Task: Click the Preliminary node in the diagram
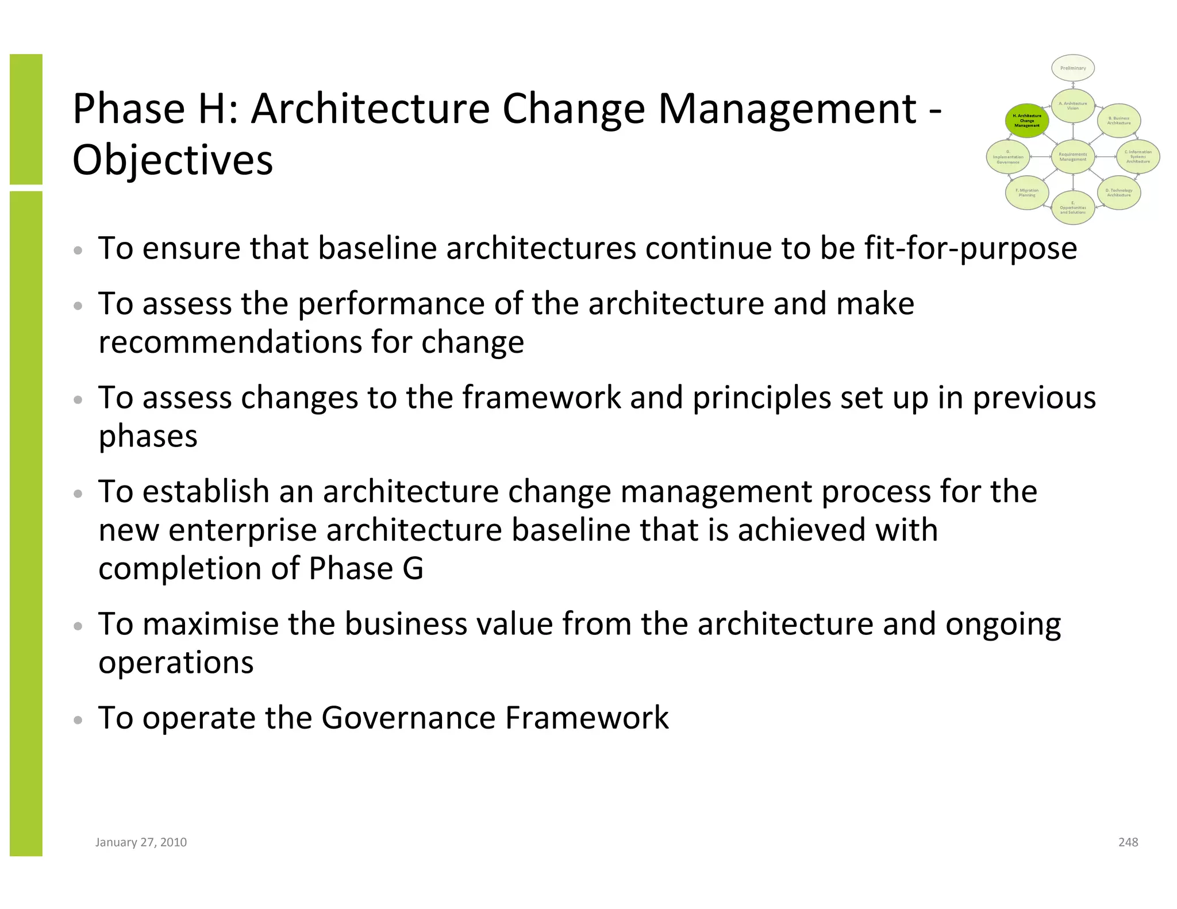[x=1073, y=68]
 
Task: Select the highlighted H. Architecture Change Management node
[x=1027, y=121]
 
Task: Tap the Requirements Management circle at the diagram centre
[x=1073, y=156]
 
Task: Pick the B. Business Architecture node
[x=1119, y=121]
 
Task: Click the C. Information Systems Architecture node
[x=1138, y=156]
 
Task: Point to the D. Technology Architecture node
[x=1119, y=192]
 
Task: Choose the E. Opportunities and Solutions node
[x=1073, y=207]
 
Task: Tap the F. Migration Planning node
[x=1027, y=192]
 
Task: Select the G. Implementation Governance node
[x=1008, y=156]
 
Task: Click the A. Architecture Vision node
[x=1073, y=106]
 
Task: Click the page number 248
[x=1128, y=842]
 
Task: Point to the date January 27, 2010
[x=141, y=842]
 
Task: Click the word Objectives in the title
[x=172, y=160]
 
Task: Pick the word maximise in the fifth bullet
[x=210, y=624]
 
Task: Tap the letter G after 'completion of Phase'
[x=413, y=569]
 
